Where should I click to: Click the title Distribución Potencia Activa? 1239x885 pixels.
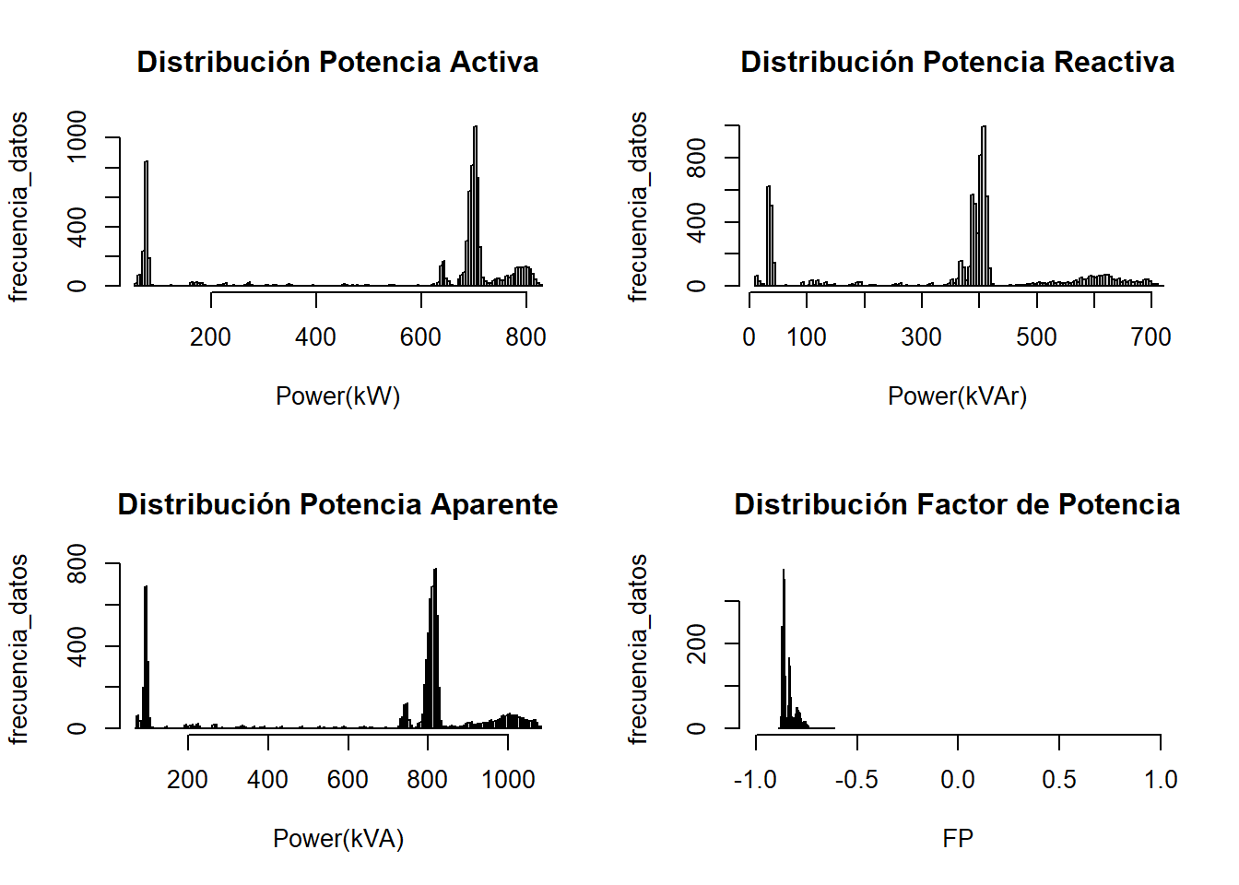click(337, 62)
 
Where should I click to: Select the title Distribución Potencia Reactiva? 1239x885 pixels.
click(957, 62)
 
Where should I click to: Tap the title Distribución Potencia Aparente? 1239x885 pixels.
click(337, 504)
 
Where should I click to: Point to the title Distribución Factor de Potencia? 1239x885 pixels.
click(957, 504)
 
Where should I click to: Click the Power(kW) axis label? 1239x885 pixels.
click(337, 396)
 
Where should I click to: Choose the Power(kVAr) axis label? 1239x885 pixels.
click(957, 396)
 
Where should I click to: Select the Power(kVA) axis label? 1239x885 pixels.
click(338, 839)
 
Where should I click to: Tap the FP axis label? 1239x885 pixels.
click(958, 839)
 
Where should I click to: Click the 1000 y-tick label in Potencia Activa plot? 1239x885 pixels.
click(77, 136)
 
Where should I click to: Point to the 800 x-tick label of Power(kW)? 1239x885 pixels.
click(525, 337)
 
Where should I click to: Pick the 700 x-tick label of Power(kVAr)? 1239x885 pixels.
click(1150, 337)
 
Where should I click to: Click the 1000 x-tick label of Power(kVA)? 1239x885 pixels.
click(508, 780)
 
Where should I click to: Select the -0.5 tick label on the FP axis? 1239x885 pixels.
click(856, 780)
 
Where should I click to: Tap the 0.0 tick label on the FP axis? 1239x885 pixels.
click(958, 780)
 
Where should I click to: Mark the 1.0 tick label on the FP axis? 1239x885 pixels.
click(1161, 780)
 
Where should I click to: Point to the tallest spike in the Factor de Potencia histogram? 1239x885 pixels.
click(784, 645)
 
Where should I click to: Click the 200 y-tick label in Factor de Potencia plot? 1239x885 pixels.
click(697, 643)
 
